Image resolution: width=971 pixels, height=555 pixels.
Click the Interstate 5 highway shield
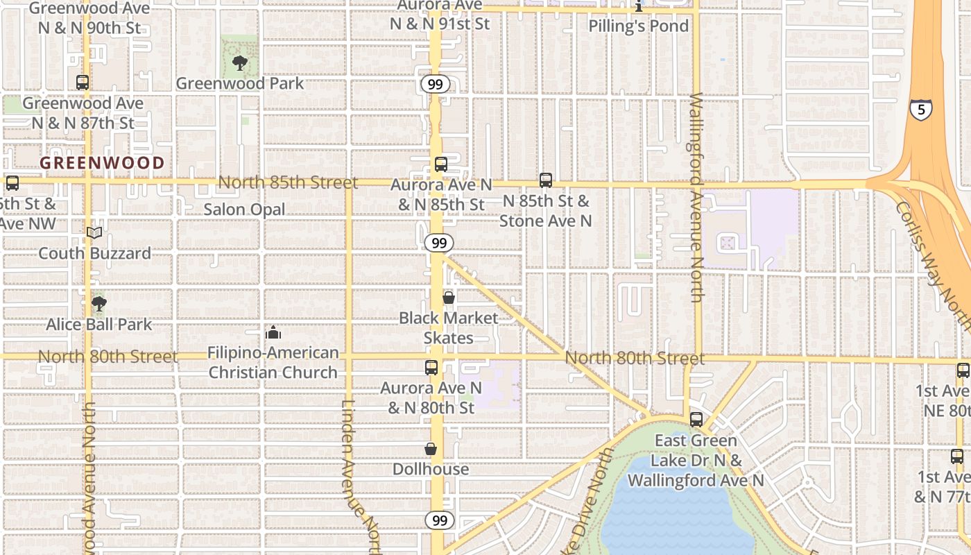[921, 109]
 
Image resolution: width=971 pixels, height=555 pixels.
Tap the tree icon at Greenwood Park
[240, 63]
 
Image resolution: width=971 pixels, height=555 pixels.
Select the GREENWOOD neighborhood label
[102, 164]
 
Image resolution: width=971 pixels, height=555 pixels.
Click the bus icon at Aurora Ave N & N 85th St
[441, 164]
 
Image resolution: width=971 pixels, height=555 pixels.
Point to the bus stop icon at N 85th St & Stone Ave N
[546, 180]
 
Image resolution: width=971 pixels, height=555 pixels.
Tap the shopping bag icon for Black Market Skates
[449, 298]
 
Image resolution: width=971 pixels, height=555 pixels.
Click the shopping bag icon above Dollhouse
[431, 449]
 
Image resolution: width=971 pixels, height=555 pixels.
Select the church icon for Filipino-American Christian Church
[273, 332]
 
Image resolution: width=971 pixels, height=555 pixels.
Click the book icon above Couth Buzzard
[94, 233]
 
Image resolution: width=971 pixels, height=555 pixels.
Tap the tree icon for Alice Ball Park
[99, 304]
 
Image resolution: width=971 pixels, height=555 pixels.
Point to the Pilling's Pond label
[638, 26]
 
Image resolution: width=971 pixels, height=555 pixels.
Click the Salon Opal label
[244, 210]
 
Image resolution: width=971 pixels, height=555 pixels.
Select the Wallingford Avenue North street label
[697, 198]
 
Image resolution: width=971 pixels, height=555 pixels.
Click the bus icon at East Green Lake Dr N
[696, 420]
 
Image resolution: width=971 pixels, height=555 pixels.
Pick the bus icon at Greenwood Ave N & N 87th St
[83, 83]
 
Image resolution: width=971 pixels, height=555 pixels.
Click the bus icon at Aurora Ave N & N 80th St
[431, 368]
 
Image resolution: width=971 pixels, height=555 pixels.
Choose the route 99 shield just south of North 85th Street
[438, 243]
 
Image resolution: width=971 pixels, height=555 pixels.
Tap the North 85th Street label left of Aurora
[288, 182]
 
